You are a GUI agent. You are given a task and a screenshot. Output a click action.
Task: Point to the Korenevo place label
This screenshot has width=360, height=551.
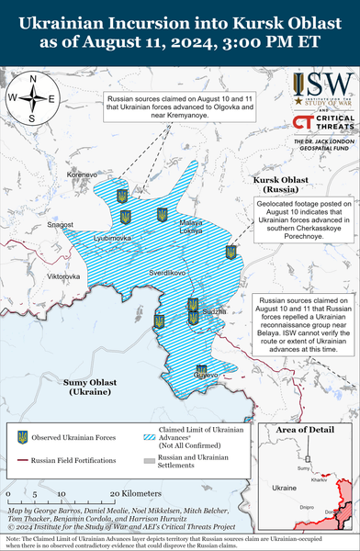click(x=82, y=174)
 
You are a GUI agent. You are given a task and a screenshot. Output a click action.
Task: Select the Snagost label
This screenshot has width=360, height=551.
click(x=61, y=224)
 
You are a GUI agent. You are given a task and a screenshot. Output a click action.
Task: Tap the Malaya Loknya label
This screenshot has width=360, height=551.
click(x=191, y=228)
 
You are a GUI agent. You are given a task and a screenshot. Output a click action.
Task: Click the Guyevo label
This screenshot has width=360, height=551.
click(x=207, y=375)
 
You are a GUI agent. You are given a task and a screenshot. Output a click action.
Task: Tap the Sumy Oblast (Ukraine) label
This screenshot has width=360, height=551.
click(x=95, y=386)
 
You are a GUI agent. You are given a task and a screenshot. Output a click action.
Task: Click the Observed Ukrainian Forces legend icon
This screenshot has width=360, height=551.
click(x=21, y=437)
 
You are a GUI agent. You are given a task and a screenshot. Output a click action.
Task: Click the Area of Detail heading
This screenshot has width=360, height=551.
click(x=307, y=430)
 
